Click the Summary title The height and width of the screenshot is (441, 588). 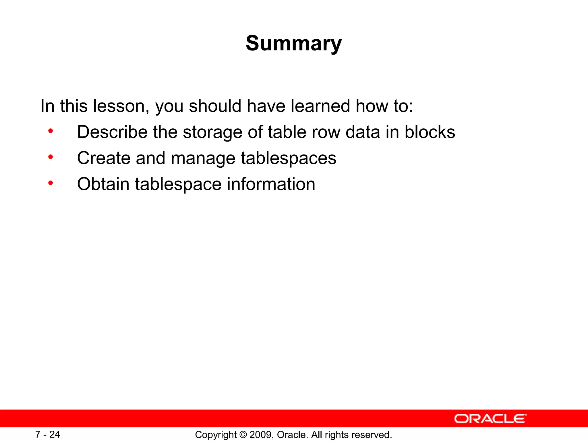point(294,43)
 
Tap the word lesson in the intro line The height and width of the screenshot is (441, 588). point(121,106)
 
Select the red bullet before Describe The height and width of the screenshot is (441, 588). point(51,131)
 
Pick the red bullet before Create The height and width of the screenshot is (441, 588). point(51,157)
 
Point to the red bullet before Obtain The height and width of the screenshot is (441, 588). point(51,183)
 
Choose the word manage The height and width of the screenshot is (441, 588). point(203,159)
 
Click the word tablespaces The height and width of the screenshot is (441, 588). point(288,159)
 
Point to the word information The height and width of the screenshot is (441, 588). point(271,184)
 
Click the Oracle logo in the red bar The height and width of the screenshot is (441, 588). point(490,419)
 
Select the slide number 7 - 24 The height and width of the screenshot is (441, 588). point(48,434)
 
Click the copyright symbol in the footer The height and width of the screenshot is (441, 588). point(243,435)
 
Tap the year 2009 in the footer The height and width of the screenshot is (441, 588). point(261,435)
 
